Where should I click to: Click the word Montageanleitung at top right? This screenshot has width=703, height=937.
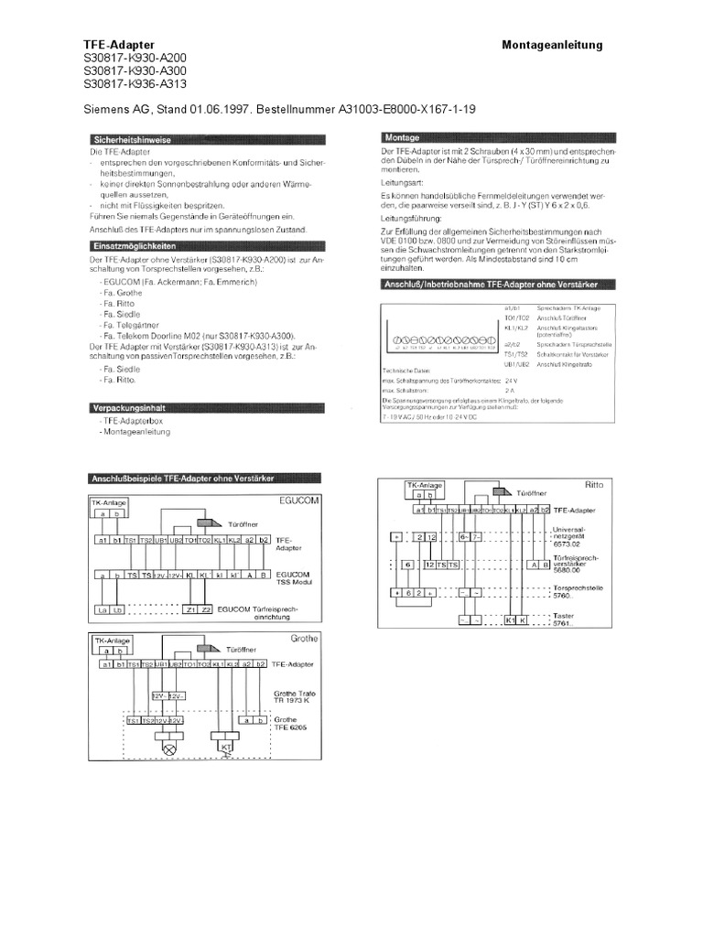(552, 45)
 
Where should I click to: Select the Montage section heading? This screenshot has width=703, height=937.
(399, 138)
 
